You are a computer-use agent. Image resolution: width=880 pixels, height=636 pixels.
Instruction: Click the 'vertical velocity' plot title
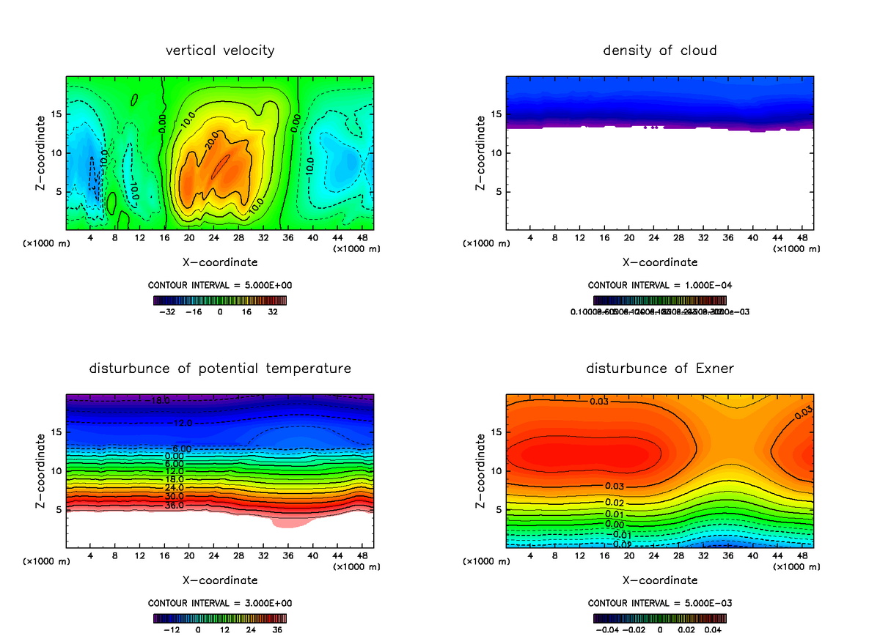click(x=220, y=51)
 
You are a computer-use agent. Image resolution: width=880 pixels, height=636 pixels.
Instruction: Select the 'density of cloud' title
click(x=659, y=51)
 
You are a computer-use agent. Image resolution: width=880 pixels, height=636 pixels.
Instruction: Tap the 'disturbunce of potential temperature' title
click(x=220, y=369)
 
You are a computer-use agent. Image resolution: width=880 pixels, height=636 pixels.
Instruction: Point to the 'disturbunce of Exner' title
click(x=659, y=369)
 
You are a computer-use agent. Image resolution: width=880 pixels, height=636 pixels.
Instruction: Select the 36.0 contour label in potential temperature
click(x=175, y=506)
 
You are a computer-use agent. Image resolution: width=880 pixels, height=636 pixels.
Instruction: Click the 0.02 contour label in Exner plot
click(x=615, y=502)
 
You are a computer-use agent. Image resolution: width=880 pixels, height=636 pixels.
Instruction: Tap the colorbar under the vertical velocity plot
click(x=220, y=300)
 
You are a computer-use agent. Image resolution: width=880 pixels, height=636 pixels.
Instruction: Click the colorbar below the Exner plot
click(x=659, y=618)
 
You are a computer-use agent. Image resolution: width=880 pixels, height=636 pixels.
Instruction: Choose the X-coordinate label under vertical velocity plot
click(x=220, y=262)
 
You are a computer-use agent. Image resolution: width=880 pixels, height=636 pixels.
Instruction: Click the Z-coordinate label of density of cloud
click(x=481, y=152)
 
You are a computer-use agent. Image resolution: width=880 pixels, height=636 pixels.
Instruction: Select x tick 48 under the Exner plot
click(x=801, y=557)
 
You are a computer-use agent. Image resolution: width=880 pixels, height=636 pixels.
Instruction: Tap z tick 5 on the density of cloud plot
click(x=499, y=192)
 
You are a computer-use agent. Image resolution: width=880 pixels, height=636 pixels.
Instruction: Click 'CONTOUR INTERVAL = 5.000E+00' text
click(x=220, y=285)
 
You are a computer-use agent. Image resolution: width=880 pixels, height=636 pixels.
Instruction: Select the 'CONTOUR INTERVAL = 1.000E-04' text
click(x=659, y=285)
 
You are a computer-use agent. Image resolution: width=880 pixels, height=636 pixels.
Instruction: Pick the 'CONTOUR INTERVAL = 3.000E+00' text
click(x=220, y=603)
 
